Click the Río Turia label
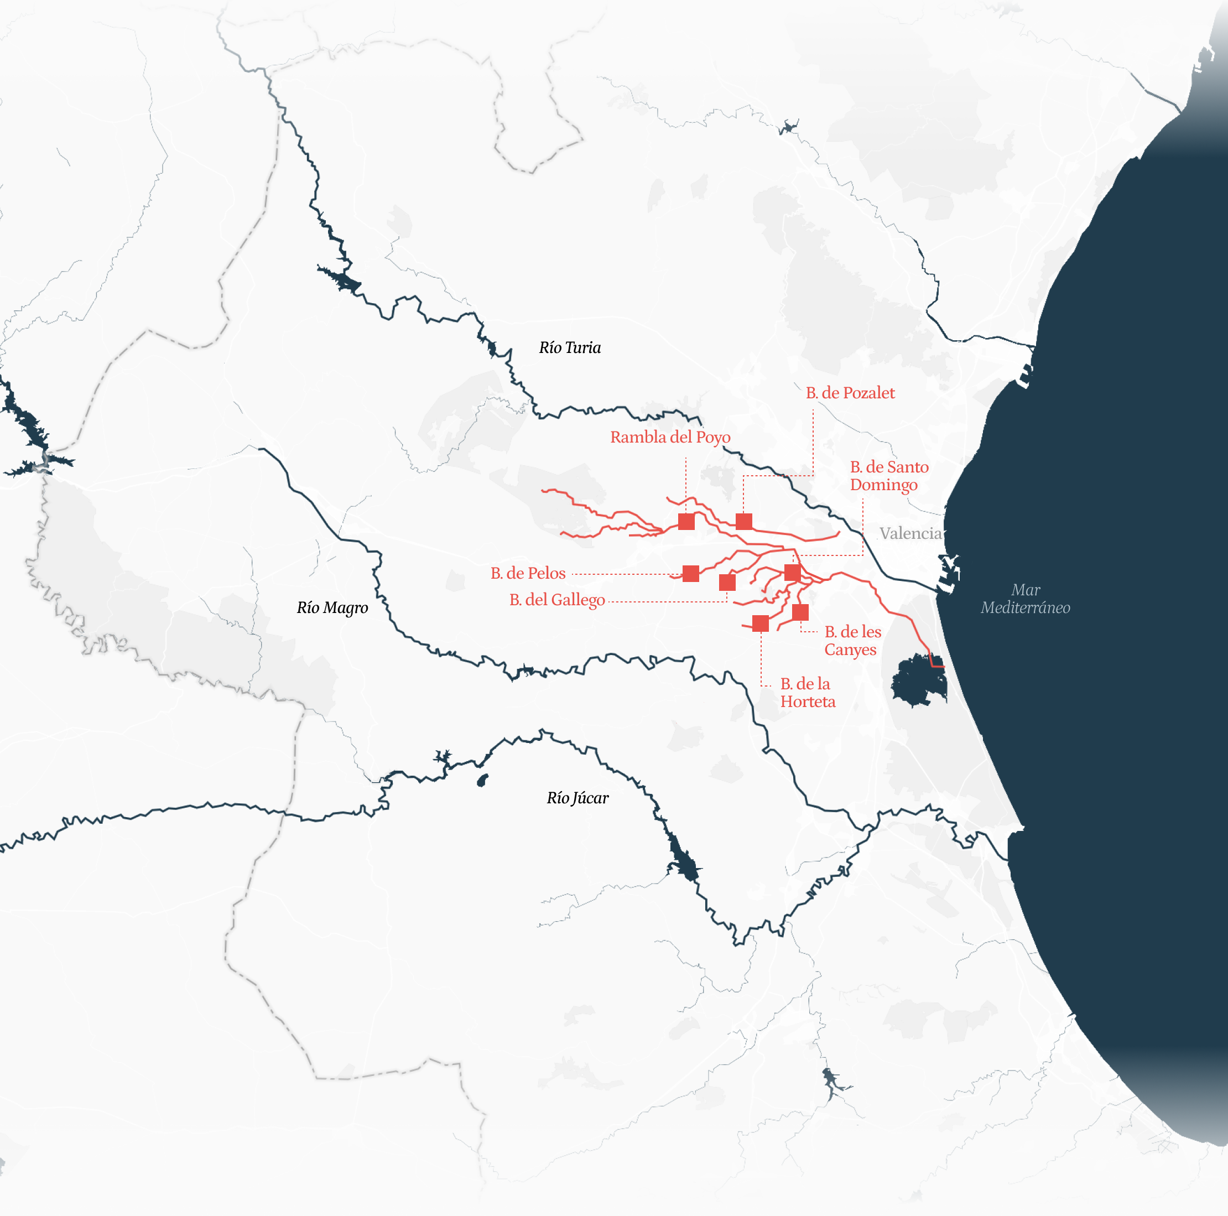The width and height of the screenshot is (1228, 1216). pos(570,347)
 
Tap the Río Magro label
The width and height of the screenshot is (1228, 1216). pos(332,607)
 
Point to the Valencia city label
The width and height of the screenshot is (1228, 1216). pos(910,533)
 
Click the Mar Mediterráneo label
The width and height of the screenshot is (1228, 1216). pos(1024,599)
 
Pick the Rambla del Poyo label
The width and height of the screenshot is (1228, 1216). pos(670,437)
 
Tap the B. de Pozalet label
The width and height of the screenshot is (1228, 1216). pos(850,393)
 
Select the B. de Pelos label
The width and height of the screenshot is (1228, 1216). pos(528,573)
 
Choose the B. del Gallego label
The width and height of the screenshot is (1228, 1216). pos(557,600)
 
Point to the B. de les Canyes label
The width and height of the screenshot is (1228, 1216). pos(852,641)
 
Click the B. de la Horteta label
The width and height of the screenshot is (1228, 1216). pos(807,693)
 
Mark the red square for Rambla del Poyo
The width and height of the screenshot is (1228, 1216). pos(686,522)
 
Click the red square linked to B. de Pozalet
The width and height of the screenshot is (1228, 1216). pos(743,522)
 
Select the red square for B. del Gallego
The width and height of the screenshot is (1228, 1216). pos(727,582)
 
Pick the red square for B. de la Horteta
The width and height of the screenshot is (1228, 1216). pos(760,623)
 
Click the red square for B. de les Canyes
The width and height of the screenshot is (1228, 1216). pos(800,612)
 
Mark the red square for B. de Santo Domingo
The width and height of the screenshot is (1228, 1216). pos(792,573)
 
